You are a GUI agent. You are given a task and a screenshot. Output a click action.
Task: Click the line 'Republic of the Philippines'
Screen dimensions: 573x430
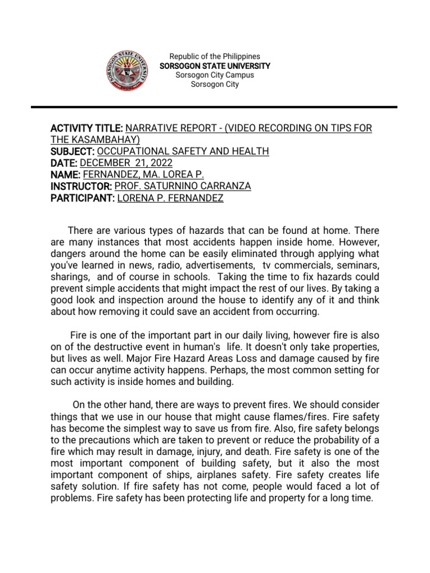(x=215, y=57)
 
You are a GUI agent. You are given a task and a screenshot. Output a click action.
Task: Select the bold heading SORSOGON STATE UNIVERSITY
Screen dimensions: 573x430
(x=215, y=66)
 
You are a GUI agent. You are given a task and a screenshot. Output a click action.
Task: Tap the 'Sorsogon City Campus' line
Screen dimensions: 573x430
(x=215, y=75)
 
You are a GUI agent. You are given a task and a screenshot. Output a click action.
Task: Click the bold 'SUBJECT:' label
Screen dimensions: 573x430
(x=73, y=151)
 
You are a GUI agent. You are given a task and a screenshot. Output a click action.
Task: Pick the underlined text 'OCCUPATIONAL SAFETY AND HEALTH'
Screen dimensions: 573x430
(x=183, y=151)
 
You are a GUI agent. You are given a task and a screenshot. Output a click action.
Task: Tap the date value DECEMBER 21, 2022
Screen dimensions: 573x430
(x=127, y=163)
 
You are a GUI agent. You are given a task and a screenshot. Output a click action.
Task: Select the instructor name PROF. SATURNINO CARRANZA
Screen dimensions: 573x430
(x=183, y=186)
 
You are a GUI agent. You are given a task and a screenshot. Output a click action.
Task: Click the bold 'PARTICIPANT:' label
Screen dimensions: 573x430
(x=83, y=198)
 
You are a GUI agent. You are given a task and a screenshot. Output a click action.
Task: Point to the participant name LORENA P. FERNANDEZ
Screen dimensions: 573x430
(x=170, y=198)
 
